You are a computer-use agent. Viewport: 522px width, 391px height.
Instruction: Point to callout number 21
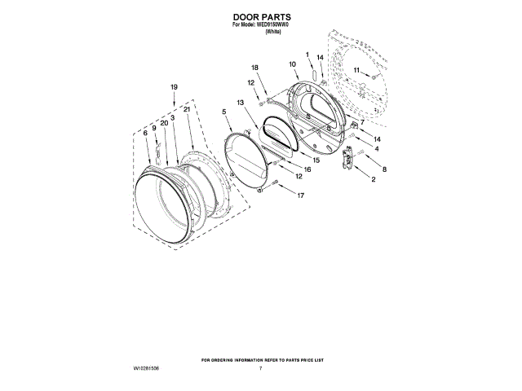pos(187,109)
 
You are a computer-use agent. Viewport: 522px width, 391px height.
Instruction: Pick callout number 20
pos(164,122)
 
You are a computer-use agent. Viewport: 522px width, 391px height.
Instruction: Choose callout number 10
pos(292,64)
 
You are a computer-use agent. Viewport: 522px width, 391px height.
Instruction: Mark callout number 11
pos(356,71)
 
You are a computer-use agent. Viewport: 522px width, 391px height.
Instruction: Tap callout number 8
pos(384,169)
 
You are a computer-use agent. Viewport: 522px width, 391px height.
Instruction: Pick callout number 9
pos(153,128)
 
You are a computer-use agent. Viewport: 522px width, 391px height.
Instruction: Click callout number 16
pos(307,169)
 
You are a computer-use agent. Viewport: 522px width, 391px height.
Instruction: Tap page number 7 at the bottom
pos(260,369)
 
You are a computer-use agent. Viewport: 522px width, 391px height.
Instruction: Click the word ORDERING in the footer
pos(226,359)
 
